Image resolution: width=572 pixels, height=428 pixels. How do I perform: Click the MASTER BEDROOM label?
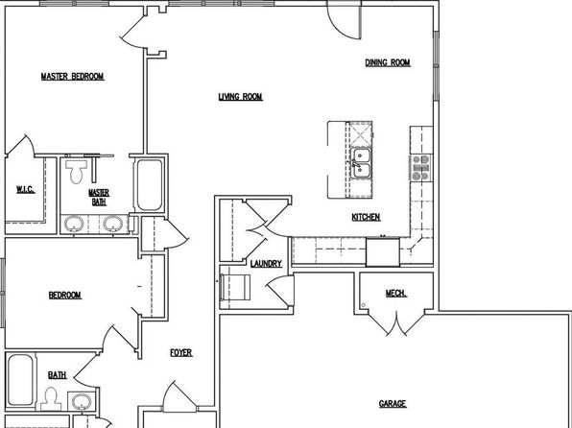click(x=72, y=77)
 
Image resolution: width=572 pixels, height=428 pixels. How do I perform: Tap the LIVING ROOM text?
click(x=240, y=97)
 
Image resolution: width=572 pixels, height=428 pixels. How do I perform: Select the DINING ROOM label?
click(x=388, y=62)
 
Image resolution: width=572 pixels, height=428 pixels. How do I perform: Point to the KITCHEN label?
click(x=366, y=218)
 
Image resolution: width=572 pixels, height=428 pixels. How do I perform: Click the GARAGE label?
click(x=393, y=404)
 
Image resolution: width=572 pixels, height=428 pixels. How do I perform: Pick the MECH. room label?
click(x=396, y=294)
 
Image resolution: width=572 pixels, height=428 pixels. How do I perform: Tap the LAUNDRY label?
click(x=266, y=264)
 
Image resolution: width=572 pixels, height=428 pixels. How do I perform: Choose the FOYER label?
click(x=181, y=353)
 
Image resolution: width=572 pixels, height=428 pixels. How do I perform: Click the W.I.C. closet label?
click(x=26, y=190)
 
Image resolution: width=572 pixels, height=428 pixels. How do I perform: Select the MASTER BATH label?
click(x=99, y=197)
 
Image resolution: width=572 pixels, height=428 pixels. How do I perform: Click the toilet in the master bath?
click(x=76, y=172)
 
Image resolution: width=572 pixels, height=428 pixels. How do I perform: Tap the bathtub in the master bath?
click(x=150, y=185)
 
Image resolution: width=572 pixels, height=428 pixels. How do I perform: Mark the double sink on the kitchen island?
click(x=361, y=163)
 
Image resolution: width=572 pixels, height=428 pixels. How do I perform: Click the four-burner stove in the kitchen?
click(x=420, y=168)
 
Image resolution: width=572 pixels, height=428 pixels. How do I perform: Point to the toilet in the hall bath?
click(x=51, y=399)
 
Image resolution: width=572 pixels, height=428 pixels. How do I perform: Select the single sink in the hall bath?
click(x=83, y=402)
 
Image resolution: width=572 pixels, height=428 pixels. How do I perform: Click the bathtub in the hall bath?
click(x=20, y=380)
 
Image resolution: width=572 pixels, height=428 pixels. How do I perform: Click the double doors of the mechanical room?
click(x=396, y=323)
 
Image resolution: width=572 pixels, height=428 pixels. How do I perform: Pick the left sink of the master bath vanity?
click(x=74, y=224)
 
